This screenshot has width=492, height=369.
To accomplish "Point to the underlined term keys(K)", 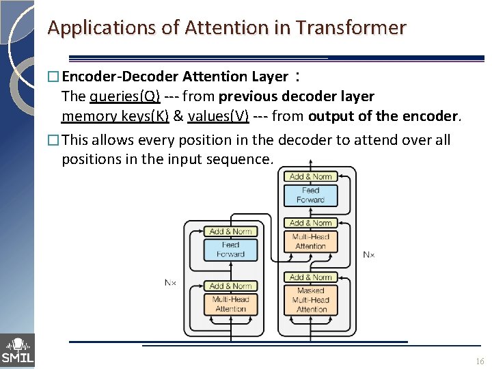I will (145, 116).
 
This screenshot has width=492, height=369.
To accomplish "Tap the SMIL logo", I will (17, 350).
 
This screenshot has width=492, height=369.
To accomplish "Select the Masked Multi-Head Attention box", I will (311, 299).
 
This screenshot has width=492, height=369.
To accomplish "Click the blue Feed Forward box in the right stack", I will (310, 195).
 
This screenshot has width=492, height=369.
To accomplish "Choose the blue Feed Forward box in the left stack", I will (230, 249).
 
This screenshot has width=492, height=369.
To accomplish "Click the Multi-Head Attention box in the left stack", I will (230, 304).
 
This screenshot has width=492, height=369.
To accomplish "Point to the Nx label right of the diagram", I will (368, 254).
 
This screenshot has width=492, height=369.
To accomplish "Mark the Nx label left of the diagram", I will (171, 282).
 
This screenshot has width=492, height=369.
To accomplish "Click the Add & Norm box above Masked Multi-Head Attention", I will (311, 277).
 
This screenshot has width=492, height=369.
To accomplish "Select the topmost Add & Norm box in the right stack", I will (310, 176).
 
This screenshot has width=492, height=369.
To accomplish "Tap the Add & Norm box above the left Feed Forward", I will (230, 232).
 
